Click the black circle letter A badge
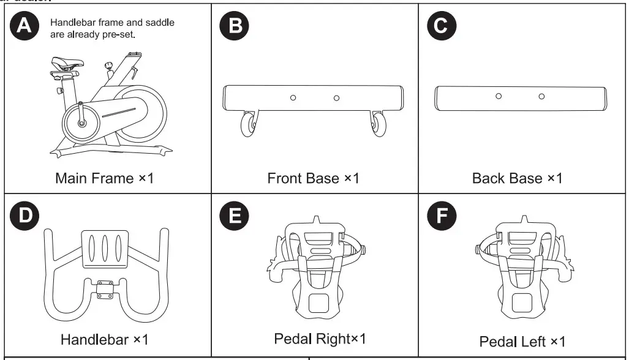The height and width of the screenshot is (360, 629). pos(25,26)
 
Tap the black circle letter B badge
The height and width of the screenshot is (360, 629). pos(234,26)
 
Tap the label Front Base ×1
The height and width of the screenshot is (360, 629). pos(313,178)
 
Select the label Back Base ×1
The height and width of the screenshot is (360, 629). pos(517,178)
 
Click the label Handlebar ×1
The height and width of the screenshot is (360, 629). pos(104,339)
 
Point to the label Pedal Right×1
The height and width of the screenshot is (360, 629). pos(320,338)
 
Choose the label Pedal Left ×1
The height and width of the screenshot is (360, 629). pos(522,341)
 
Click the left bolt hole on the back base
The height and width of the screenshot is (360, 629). pos(499,96)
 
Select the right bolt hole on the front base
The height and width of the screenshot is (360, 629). pos(336,98)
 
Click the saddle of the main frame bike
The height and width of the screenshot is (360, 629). pos(66,64)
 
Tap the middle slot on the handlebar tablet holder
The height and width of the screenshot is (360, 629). pos(105,249)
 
